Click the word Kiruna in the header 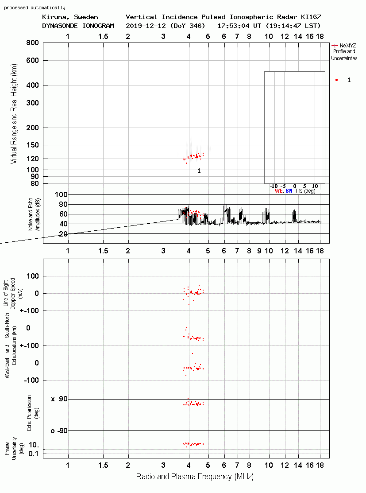[54, 17]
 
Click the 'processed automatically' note [35, 8]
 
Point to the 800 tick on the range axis [32, 43]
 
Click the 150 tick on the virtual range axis [32, 145]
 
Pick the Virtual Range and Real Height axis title [14, 114]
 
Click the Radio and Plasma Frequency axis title [195, 477]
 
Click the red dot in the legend [336, 80]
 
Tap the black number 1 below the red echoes [199, 171]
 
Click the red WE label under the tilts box [278, 191]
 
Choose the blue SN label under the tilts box [289, 191]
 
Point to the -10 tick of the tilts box [274, 186]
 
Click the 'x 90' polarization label [59, 399]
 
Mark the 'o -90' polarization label [59, 431]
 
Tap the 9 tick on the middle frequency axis [259, 251]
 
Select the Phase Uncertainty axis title [14, 448]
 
